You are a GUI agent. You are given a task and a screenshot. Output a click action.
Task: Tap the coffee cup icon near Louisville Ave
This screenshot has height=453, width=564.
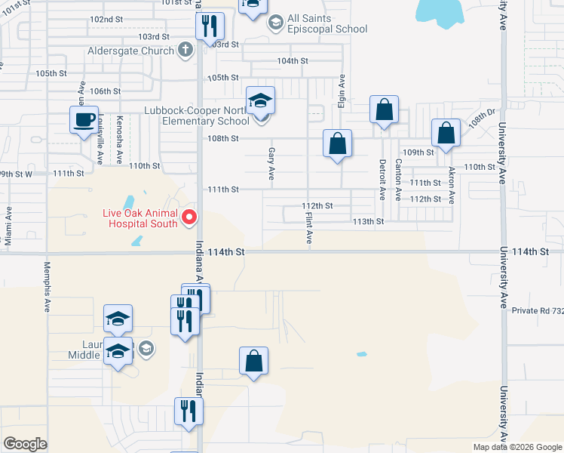click(84, 119)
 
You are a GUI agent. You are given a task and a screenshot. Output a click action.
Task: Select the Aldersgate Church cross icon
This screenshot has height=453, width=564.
click(185, 50)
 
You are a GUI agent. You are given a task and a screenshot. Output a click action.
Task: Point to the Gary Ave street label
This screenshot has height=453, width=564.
click(271, 162)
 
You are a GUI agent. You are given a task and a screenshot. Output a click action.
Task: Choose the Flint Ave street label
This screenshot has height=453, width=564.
click(309, 227)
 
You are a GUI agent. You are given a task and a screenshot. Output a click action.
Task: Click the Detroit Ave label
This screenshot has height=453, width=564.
click(383, 179)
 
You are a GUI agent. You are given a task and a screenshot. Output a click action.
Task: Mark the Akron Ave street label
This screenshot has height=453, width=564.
click(452, 185)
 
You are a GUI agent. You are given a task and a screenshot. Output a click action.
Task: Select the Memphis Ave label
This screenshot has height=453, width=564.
click(47, 287)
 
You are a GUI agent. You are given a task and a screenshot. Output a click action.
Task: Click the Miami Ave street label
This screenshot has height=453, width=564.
click(8, 225)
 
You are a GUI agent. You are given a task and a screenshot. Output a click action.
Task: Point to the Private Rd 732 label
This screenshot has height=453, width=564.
click(538, 310)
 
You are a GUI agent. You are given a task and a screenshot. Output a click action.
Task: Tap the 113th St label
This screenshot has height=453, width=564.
click(369, 221)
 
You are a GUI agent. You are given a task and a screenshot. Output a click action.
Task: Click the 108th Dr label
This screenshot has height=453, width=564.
click(479, 119)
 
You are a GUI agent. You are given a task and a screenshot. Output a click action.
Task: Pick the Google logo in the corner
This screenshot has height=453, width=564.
click(25, 444)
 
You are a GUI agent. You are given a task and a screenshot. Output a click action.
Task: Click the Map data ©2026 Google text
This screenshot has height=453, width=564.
click(516, 447)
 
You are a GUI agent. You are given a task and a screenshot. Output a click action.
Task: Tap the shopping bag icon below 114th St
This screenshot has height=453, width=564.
click(254, 361)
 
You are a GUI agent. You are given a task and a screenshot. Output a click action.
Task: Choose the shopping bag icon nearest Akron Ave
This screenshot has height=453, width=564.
click(446, 132)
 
